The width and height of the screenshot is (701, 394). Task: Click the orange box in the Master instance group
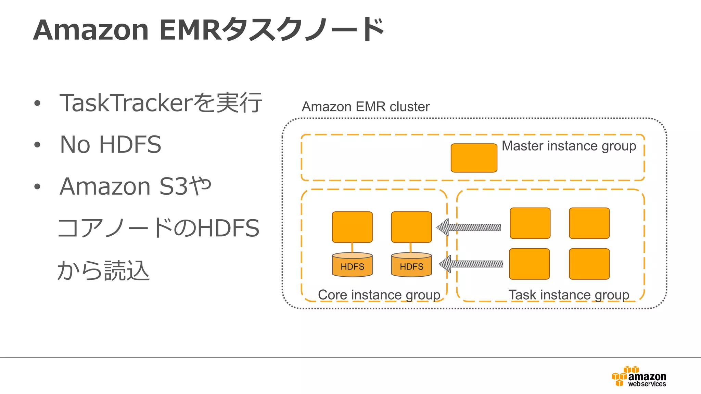(474, 158)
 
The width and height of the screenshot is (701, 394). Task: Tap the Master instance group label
(569, 146)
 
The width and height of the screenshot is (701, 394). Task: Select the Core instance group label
(379, 295)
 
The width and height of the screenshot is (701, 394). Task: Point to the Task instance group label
(569, 295)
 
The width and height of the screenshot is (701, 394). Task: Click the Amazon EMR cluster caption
(365, 107)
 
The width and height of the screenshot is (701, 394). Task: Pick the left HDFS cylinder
(352, 265)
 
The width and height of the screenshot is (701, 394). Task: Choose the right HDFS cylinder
(411, 265)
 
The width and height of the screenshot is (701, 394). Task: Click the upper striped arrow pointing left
(469, 227)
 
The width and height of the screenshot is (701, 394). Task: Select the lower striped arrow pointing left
(471, 264)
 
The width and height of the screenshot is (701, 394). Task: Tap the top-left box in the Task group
(530, 223)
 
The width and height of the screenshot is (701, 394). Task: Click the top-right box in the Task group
(589, 223)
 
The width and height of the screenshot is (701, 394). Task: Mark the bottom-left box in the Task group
(529, 264)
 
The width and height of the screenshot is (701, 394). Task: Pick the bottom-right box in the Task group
(589, 264)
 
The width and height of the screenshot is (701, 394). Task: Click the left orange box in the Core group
(352, 227)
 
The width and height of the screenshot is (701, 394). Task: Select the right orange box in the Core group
(411, 227)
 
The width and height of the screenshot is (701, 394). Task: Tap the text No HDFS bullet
(110, 144)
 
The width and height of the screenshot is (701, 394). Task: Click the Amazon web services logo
(639, 377)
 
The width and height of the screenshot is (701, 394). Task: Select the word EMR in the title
(190, 30)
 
